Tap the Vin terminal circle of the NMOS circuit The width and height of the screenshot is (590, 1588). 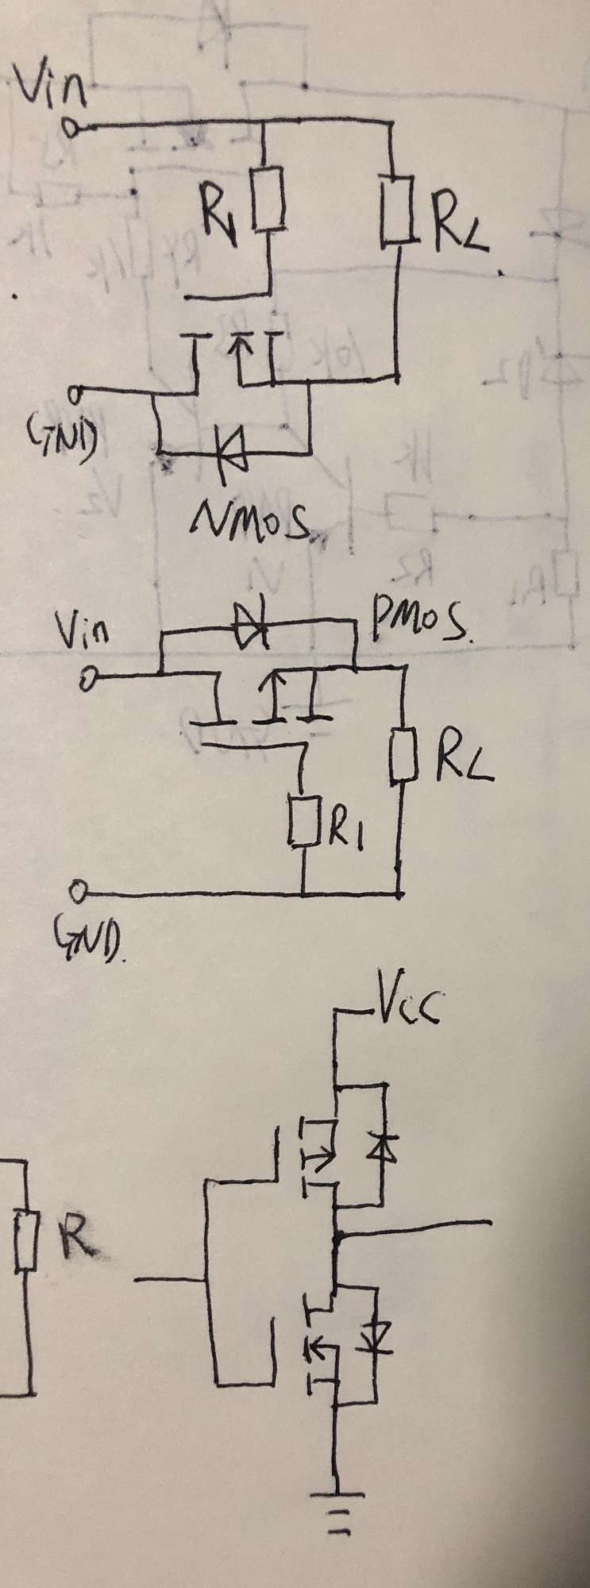point(73,127)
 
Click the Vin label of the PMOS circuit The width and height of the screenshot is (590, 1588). point(83,632)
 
